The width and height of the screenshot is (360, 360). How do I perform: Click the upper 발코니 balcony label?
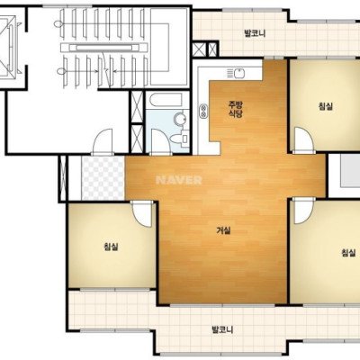[255, 33]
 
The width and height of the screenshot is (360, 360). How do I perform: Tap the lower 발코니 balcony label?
[222, 330]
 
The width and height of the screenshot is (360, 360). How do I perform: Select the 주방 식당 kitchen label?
[236, 109]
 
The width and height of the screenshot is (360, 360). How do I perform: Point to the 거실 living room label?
[223, 230]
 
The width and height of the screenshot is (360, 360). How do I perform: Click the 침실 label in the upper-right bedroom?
[326, 106]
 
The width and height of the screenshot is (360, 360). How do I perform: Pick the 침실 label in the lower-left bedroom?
[111, 247]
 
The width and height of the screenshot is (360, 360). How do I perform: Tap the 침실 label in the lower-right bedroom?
[348, 253]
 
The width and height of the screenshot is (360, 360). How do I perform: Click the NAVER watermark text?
[179, 180]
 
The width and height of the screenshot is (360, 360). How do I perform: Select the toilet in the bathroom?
[179, 139]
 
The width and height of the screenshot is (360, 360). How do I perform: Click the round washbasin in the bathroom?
[180, 120]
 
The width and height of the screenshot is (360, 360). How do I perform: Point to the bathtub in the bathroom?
[166, 100]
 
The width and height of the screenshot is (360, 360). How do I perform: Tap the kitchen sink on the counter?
[236, 73]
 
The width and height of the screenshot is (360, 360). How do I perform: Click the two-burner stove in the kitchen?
[203, 111]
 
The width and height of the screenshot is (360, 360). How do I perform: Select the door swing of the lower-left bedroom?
[142, 214]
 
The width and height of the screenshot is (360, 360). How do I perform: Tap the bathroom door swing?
[160, 141]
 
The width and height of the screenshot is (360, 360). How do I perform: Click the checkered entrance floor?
[103, 178]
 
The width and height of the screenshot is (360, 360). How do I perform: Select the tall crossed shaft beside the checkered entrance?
[63, 178]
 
